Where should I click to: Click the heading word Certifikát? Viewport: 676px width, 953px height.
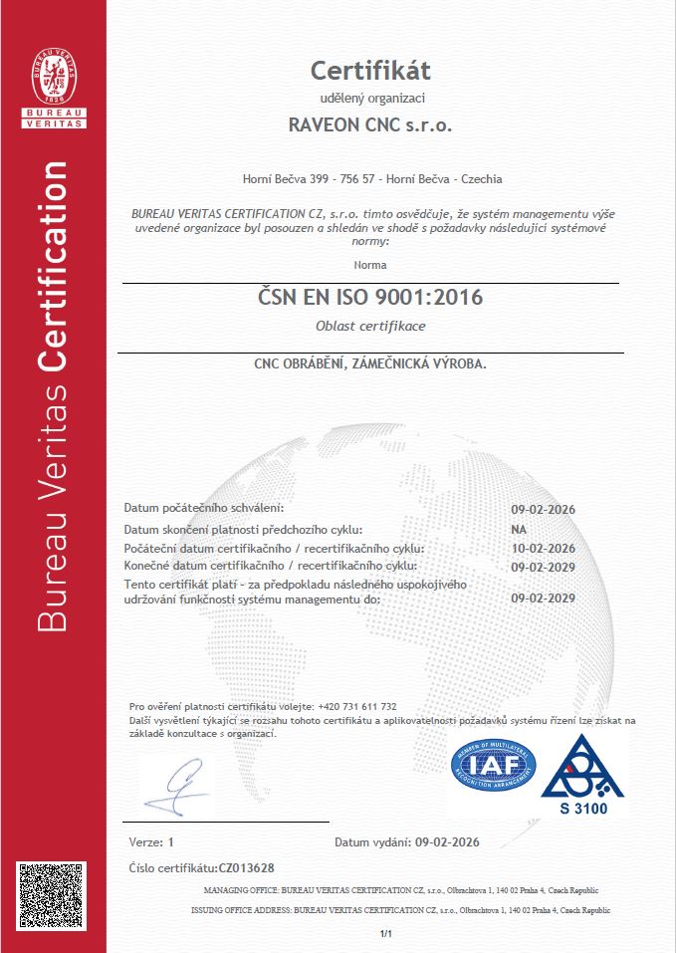[x=370, y=71]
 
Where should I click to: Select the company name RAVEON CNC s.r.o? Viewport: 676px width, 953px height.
[x=370, y=125]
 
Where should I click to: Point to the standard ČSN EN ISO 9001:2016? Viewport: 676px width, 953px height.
[x=370, y=296]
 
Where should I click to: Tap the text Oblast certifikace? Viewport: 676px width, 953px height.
[x=370, y=328]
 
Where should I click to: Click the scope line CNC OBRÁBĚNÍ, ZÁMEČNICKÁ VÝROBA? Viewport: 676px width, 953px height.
[x=370, y=364]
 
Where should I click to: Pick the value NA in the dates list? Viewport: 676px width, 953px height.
[x=518, y=529]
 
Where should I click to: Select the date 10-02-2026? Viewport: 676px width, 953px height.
[x=543, y=549]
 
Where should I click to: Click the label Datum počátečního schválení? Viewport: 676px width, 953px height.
[x=204, y=509]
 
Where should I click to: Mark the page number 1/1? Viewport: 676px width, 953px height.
[x=387, y=934]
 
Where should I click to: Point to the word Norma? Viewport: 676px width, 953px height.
[x=370, y=265]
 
